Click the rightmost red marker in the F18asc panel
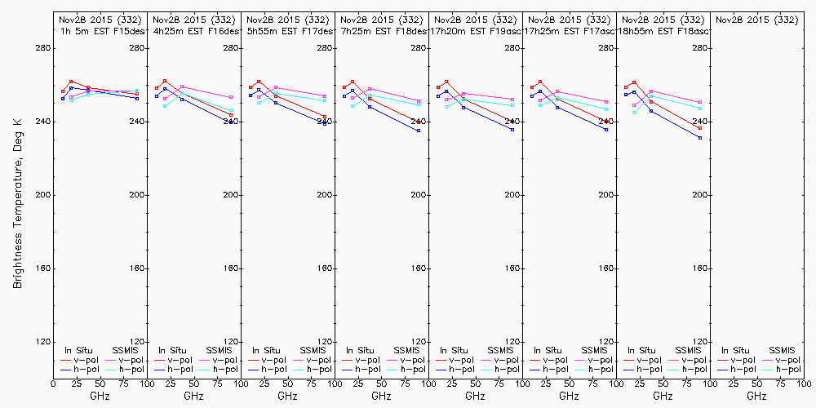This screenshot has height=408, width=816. point(700,128)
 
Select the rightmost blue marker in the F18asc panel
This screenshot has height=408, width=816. point(700,138)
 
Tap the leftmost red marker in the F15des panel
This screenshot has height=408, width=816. point(63,91)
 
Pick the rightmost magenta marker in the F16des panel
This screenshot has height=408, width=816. point(231,97)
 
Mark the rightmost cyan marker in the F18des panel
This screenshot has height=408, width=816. point(419,104)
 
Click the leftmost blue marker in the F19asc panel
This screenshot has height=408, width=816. point(438,95)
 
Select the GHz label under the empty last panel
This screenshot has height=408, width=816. point(756,396)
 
